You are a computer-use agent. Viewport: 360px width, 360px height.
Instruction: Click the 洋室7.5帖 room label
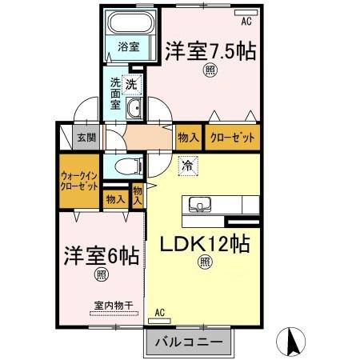tap(211, 52)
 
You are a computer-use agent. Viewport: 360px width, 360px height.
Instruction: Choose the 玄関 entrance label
tap(86, 138)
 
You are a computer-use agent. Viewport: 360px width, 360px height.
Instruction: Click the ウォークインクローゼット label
tap(78, 180)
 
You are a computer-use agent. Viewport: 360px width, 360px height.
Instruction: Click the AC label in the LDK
tap(158, 312)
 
